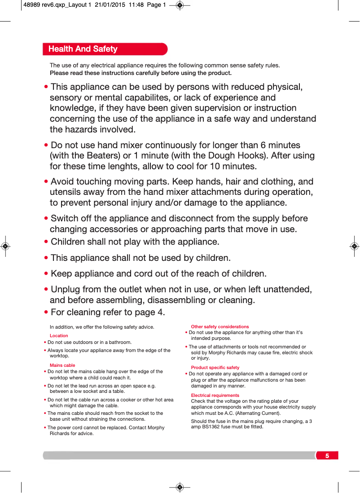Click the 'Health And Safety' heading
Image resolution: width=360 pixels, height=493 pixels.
point(83,49)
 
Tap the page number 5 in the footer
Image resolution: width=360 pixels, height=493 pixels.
point(327,456)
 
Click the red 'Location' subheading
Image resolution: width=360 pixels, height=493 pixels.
point(59,335)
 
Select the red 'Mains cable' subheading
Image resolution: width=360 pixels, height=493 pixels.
point(62,365)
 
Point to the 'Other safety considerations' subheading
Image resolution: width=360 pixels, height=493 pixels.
point(220,326)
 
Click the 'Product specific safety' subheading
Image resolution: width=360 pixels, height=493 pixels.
point(215,367)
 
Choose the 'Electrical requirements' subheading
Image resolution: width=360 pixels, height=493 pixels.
point(215,395)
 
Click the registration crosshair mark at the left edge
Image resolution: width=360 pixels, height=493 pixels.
point(5,246)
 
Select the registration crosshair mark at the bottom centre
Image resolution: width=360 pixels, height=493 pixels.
point(180,487)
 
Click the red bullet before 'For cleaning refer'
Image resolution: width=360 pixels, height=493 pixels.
point(47,313)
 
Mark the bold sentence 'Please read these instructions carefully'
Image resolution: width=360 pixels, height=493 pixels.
point(140,73)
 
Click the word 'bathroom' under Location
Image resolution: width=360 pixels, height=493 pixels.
point(119,342)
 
